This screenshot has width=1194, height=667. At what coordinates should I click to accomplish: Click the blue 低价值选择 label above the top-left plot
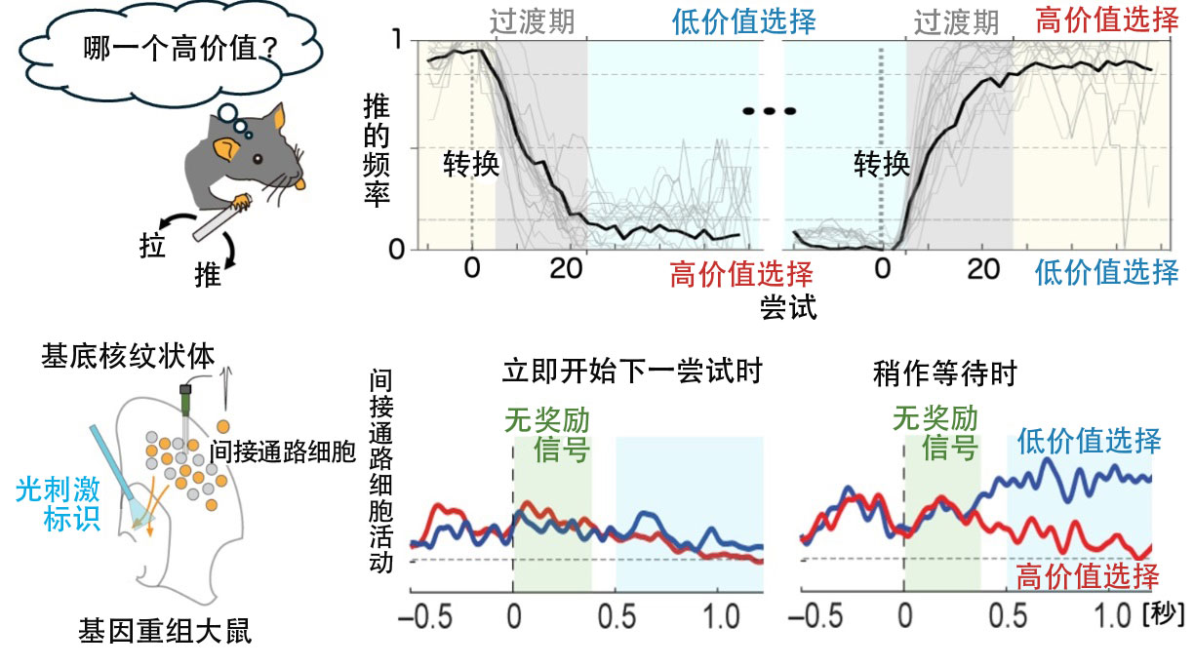tap(743, 20)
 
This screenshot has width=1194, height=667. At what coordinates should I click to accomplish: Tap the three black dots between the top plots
tap(770, 110)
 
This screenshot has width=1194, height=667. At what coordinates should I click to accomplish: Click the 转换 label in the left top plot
tap(471, 163)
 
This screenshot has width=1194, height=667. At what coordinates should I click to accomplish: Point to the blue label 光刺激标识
tap(60, 503)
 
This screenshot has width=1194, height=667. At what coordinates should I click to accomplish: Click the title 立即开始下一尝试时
tap(631, 372)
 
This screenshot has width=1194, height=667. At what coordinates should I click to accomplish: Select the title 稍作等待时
tap(945, 372)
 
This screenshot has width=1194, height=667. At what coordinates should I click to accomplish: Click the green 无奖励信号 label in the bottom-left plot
tap(552, 435)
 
